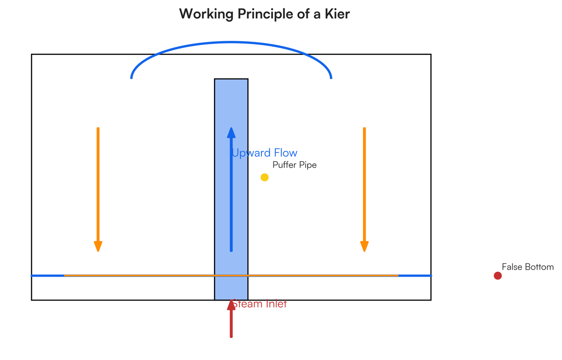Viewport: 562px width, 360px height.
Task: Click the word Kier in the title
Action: pos(337,14)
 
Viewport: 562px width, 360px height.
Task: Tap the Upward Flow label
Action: pos(265,153)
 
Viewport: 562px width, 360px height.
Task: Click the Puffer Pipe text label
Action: pos(295,165)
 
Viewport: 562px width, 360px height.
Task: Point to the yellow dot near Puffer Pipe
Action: pos(265,177)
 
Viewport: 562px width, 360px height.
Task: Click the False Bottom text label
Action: pos(528,267)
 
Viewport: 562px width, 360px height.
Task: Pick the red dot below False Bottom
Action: pos(497,276)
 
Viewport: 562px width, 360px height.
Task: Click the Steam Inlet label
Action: pos(259,304)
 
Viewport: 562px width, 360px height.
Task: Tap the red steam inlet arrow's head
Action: pos(231,305)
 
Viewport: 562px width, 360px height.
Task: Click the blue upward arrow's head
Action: pos(231,133)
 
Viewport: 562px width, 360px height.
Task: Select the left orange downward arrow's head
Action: pos(98,246)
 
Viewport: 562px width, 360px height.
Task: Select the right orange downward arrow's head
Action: pos(364,246)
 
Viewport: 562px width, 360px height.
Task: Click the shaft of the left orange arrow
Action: pos(98,185)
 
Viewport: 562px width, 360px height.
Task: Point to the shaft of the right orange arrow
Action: pos(364,185)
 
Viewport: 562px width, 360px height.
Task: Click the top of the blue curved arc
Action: pos(231,42)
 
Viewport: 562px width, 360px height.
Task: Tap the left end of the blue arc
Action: pos(131,78)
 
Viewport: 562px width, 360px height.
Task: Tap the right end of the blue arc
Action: pos(331,78)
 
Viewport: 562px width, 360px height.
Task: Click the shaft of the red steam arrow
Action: pos(231,324)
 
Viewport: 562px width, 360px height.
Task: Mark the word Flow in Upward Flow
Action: pos(286,153)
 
